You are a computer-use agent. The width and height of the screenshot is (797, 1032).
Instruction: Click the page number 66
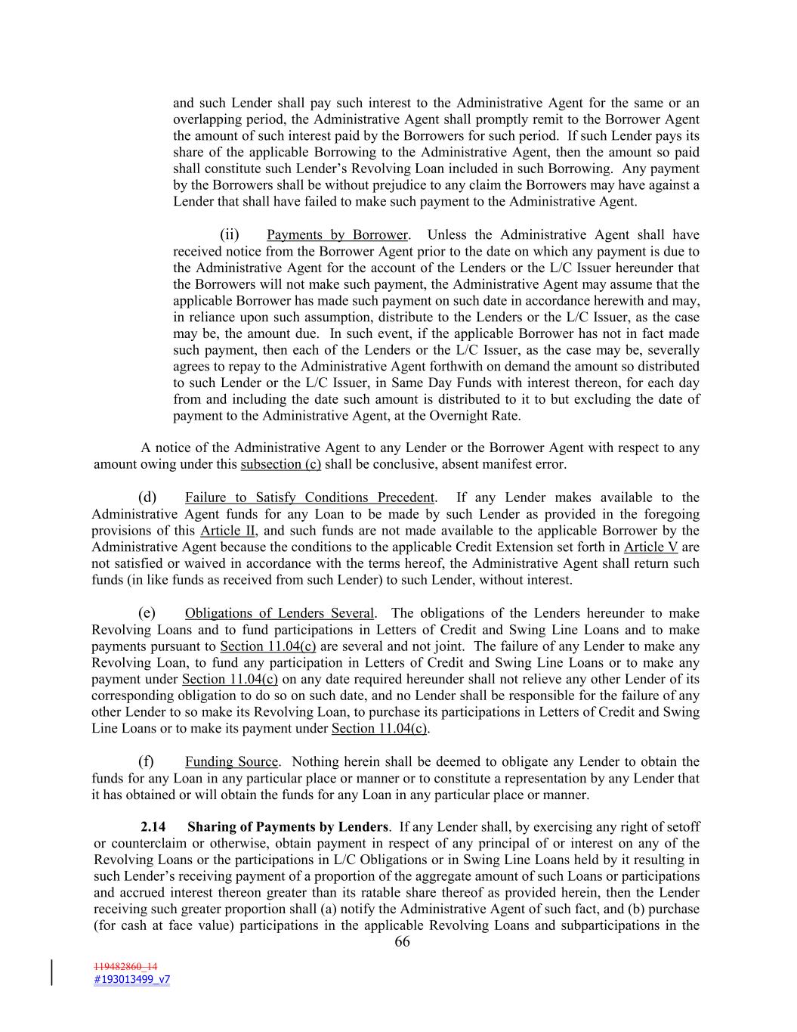402,941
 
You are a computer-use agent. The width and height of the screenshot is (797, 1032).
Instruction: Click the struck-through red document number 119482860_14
125,966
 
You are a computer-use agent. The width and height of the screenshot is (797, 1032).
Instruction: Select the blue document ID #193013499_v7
131,979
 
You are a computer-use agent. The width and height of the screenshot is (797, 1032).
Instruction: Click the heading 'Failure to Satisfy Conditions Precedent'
310,497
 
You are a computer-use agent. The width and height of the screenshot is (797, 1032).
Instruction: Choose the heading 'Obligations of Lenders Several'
280,613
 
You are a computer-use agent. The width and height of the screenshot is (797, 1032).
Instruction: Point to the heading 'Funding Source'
232,761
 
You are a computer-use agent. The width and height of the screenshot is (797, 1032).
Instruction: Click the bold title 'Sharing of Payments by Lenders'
288,827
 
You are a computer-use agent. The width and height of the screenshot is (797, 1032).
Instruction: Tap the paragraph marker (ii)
229,235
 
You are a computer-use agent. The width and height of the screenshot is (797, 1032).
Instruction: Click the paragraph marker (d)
147,497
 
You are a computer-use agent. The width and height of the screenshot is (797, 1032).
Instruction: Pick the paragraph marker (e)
147,613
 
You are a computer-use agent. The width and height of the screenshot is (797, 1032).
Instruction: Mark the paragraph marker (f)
147,761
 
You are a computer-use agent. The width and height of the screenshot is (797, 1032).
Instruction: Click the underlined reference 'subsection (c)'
280,464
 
